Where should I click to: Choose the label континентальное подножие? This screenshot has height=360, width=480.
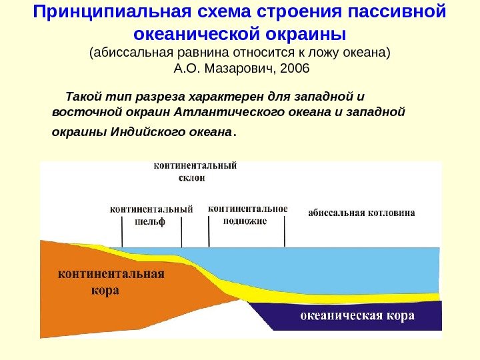(248, 215)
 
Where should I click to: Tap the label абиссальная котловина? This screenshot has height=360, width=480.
(361, 213)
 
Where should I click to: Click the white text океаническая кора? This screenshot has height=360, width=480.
(357, 315)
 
